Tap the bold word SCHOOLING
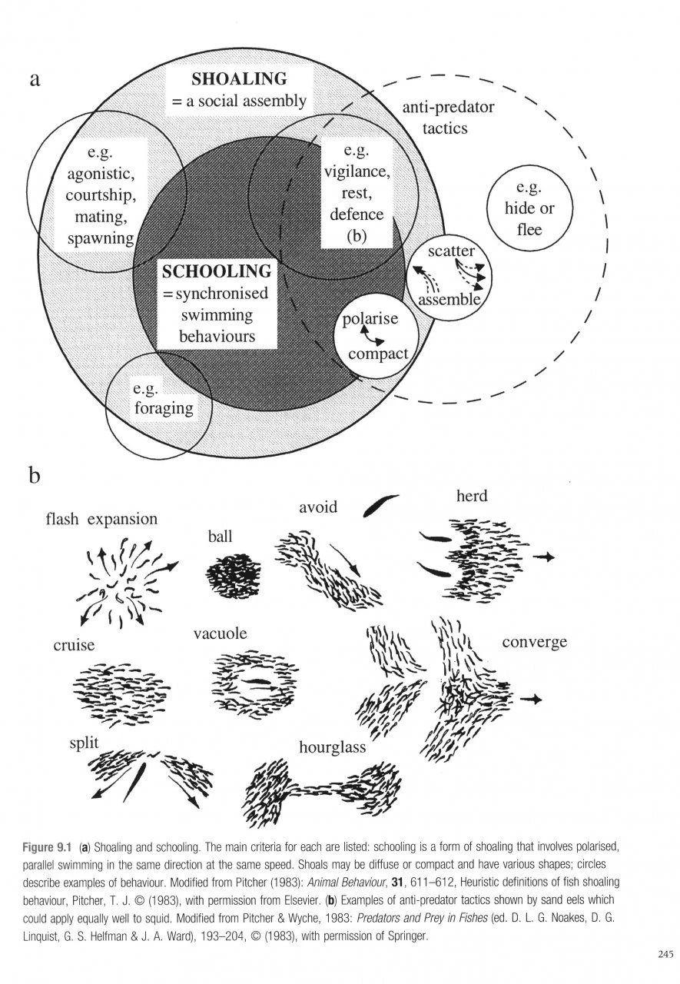(x=216, y=271)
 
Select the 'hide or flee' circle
(x=529, y=209)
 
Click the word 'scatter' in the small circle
(x=452, y=251)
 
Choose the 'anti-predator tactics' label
(x=448, y=118)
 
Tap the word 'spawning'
(x=101, y=238)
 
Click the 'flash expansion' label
(x=102, y=519)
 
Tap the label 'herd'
(x=472, y=496)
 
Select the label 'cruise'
(x=74, y=645)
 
